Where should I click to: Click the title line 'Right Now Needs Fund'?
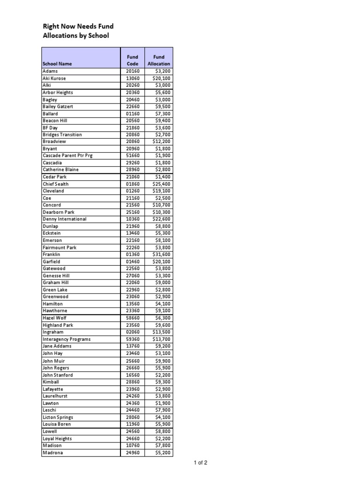click(78, 26)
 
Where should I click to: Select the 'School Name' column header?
click(57, 64)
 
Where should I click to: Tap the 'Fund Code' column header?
click(133, 60)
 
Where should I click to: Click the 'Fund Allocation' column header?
click(159, 60)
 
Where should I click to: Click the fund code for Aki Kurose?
click(133, 78)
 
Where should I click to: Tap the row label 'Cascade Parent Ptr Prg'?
click(67, 156)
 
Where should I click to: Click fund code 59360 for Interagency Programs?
click(133, 339)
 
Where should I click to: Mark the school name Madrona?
click(52, 453)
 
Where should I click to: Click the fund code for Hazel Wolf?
click(133, 318)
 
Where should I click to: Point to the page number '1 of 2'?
click(201, 463)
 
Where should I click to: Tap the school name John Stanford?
click(58, 375)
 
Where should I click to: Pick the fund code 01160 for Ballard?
click(133, 113)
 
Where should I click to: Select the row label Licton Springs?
click(58, 417)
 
